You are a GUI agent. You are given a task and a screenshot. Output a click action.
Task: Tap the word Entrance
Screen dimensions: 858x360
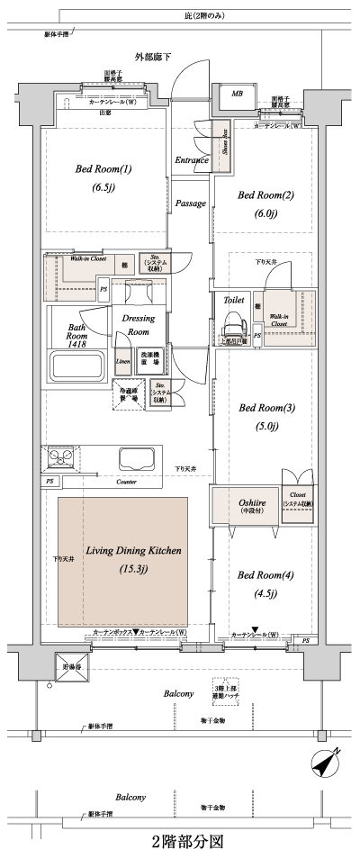[192, 160]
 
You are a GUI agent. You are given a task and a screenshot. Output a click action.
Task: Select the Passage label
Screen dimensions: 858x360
[190, 204]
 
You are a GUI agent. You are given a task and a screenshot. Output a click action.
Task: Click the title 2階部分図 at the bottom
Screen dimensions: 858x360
[185, 843]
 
